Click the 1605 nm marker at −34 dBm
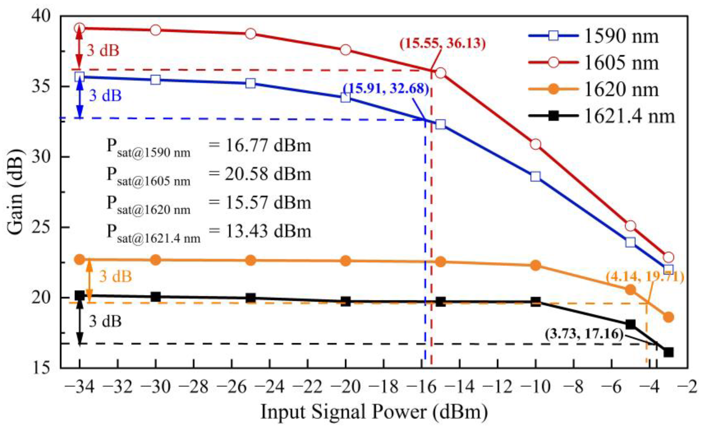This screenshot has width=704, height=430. [80, 28]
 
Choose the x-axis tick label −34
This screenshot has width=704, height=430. [79, 387]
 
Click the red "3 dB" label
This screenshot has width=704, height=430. [103, 51]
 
